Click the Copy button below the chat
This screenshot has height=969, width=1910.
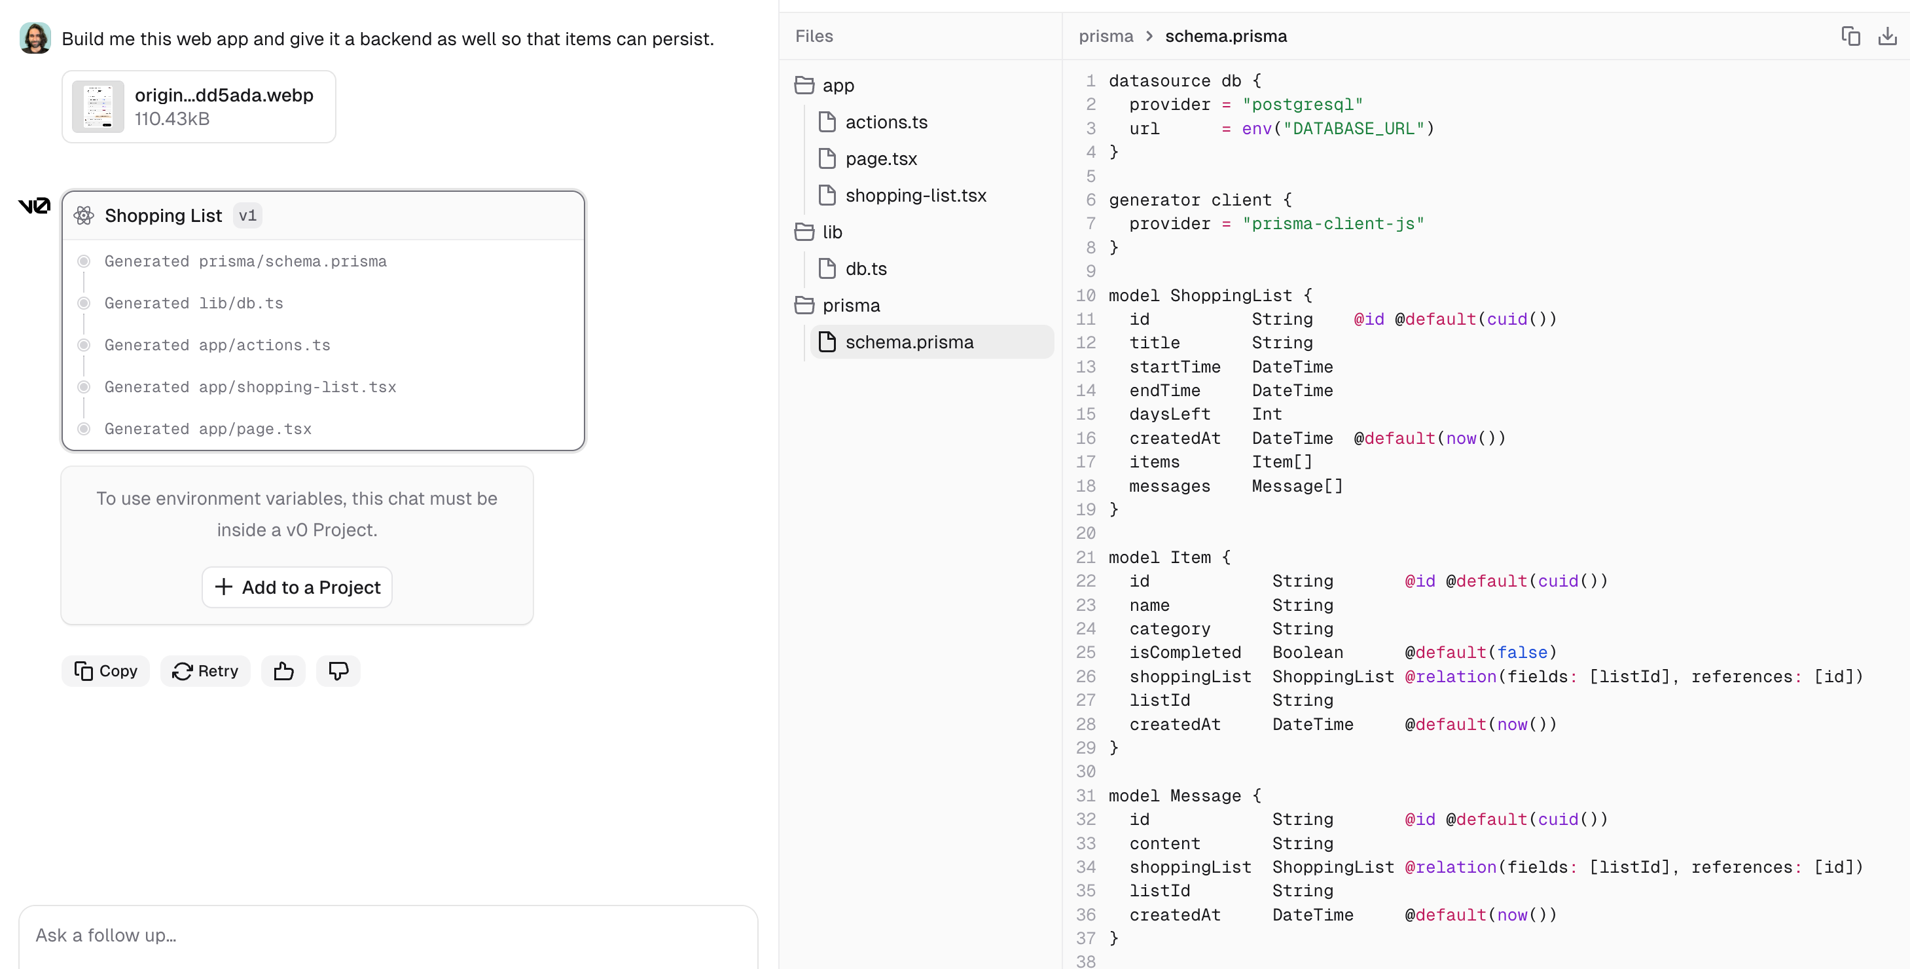[x=105, y=671]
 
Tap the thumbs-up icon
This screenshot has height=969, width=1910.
[x=283, y=671]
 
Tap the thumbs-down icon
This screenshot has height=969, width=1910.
[x=338, y=671]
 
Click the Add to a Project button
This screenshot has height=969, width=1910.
[x=297, y=587]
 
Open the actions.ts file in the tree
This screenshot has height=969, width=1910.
[x=886, y=122]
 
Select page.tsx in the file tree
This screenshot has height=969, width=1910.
[x=881, y=158]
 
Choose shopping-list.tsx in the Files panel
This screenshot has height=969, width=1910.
[x=916, y=195]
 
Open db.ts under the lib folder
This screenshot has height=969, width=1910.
[x=866, y=268]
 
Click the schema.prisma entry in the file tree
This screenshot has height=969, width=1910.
[x=909, y=342]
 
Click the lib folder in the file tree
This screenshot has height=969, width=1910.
[x=832, y=232]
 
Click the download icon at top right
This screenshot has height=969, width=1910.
[x=1887, y=35]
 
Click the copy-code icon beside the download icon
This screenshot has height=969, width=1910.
[x=1850, y=35]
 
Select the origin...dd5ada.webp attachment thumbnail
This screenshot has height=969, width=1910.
[x=98, y=107]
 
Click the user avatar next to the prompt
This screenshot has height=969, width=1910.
[x=35, y=38]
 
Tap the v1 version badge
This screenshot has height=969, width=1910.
[x=247, y=216]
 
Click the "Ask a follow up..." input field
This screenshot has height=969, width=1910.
[x=387, y=935]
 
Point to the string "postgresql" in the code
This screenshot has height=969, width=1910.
[x=1303, y=105]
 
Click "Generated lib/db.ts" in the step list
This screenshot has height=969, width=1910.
[x=194, y=303]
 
